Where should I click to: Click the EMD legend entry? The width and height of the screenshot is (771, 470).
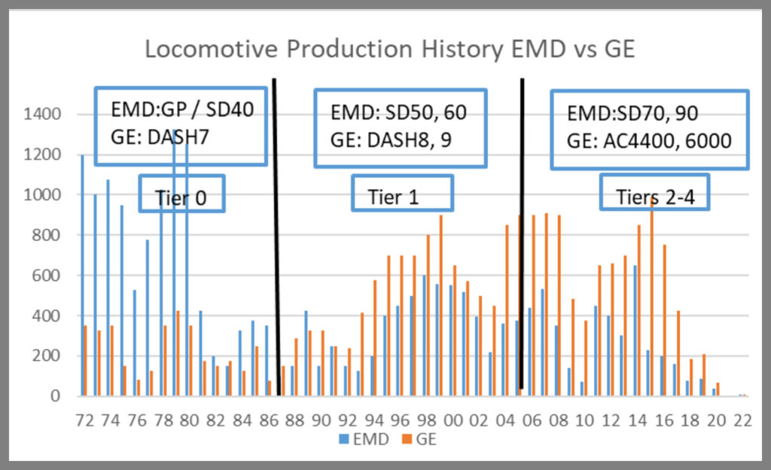point(368,439)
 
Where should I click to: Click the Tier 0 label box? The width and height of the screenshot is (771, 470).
point(181,195)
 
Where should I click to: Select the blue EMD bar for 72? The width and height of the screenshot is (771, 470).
point(81,275)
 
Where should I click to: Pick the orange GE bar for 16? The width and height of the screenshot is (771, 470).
point(665,320)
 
